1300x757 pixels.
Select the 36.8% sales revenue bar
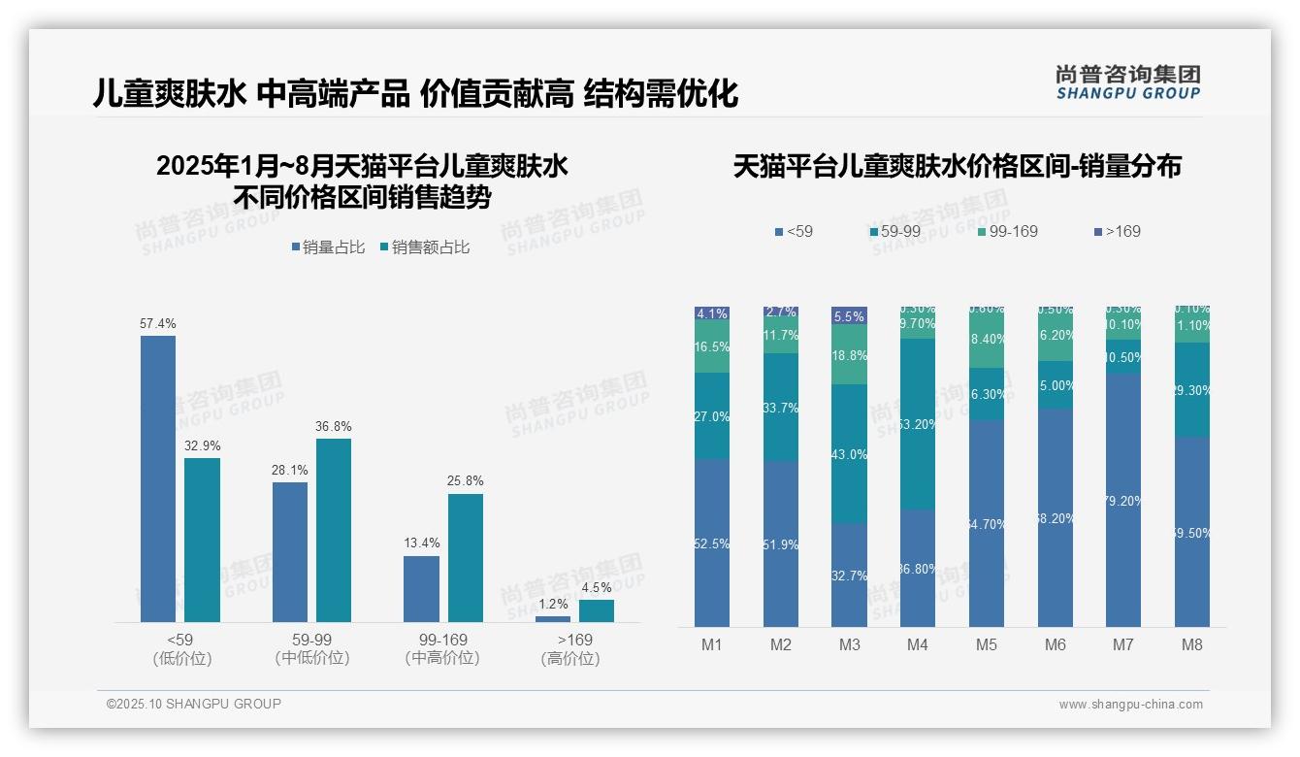[334, 530]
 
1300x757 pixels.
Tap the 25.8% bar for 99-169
[466, 558]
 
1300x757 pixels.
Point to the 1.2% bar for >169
[553, 618]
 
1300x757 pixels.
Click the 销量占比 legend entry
[328, 247]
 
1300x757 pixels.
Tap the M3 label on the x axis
[849, 644]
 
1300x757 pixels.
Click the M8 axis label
[1192, 644]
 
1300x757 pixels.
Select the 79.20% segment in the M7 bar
[1123, 500]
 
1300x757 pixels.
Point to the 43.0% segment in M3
[849, 454]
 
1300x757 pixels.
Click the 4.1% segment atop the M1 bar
[712, 313]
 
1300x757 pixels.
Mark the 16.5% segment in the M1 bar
[712, 346]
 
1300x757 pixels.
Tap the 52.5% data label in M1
[712, 544]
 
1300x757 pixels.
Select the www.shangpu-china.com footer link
[1130, 705]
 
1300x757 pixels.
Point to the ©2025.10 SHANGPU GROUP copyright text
[194, 704]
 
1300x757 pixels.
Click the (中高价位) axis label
[442, 658]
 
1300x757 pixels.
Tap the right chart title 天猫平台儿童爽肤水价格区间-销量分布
[957, 167]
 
